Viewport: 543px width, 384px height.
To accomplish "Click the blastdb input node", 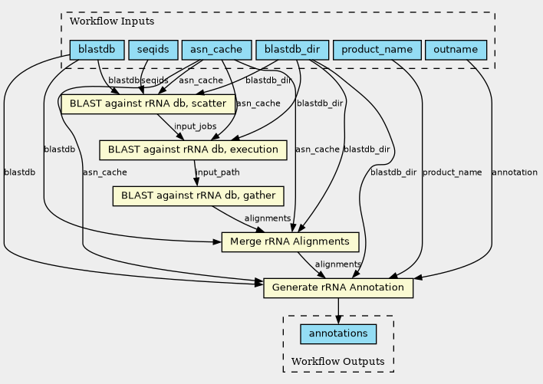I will click(x=97, y=51).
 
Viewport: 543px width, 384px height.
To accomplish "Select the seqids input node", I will click(x=153, y=51).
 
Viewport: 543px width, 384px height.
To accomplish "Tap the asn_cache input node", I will click(x=217, y=51).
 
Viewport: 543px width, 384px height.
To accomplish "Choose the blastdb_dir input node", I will click(x=292, y=51).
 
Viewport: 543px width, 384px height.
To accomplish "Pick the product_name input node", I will click(x=377, y=51).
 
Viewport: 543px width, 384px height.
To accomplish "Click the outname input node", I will click(x=456, y=51).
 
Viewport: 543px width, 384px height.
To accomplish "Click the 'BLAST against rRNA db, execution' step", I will click(x=193, y=149).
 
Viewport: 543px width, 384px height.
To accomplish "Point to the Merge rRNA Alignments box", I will click(x=290, y=242).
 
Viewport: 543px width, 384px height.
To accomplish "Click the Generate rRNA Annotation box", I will click(x=338, y=288).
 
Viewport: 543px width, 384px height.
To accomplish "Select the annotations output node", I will click(x=338, y=334).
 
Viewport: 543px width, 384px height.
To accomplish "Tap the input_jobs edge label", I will click(x=195, y=126).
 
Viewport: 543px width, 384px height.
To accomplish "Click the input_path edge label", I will click(x=218, y=172).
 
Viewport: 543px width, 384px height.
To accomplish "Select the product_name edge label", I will click(x=452, y=172).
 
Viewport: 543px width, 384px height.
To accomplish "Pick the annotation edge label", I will click(x=514, y=172).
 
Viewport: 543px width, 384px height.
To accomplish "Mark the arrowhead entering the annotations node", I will click(x=338, y=320).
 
